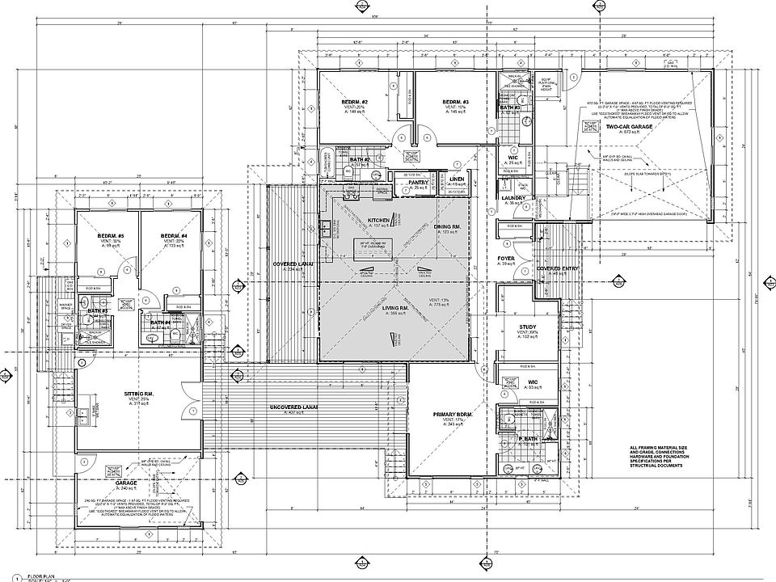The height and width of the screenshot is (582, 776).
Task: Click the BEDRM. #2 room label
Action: (x=354, y=102)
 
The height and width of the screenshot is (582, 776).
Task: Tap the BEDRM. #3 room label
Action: (x=457, y=102)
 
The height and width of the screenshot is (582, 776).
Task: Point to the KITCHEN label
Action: (x=379, y=220)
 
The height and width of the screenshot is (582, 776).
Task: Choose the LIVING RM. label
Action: (x=394, y=307)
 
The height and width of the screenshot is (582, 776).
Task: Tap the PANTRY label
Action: (x=418, y=183)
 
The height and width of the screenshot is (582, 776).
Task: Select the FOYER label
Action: (x=506, y=259)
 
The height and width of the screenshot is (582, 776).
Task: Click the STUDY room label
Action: (x=529, y=327)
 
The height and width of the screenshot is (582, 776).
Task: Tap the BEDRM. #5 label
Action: (x=103, y=235)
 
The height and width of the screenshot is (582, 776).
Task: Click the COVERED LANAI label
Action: (x=293, y=264)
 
